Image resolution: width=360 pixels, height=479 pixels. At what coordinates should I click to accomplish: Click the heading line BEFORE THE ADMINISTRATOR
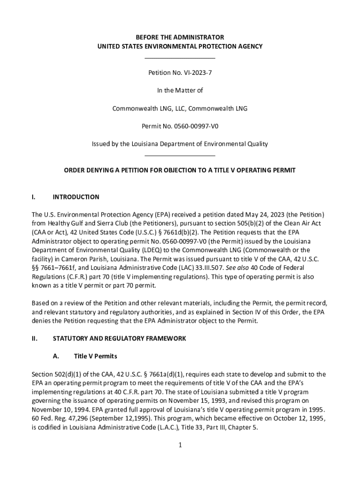pos(180,37)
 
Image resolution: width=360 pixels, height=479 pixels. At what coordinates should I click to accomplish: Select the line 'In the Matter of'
pos(180,91)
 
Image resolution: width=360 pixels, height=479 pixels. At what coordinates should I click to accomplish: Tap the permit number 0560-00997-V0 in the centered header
pos(194,126)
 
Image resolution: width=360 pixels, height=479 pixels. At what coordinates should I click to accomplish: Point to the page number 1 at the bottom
pos(180,445)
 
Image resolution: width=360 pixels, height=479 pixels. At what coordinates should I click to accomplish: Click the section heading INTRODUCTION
pos(76,197)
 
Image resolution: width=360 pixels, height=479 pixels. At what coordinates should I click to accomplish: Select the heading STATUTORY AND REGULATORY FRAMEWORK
pos(119,338)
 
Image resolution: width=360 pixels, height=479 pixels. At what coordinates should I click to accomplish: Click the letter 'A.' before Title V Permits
pos(56,356)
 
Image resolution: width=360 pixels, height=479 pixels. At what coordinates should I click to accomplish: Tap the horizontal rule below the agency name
pos(180,58)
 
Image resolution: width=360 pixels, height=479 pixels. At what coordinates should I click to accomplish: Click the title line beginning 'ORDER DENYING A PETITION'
pos(180,170)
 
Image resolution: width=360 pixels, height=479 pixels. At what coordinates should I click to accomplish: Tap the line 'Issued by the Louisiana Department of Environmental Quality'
pos(180,144)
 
